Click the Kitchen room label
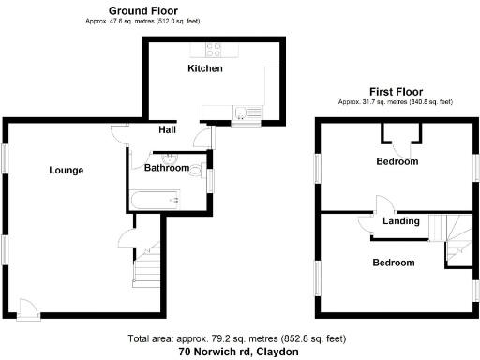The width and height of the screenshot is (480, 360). click(x=205, y=68)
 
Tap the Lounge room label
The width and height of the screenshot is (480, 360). click(x=67, y=170)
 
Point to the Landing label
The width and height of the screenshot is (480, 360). click(x=400, y=221)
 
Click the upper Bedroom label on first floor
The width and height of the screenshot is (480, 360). click(x=397, y=161)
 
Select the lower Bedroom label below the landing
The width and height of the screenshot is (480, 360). click(x=393, y=262)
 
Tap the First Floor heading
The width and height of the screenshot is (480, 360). click(x=395, y=91)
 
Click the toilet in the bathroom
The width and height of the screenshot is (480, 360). click(x=195, y=171)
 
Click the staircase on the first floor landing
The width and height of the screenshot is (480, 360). click(x=449, y=230)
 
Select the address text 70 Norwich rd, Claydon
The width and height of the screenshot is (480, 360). click(x=238, y=352)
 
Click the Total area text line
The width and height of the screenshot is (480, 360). click(x=238, y=338)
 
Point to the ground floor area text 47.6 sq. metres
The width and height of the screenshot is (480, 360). click(x=142, y=20)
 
